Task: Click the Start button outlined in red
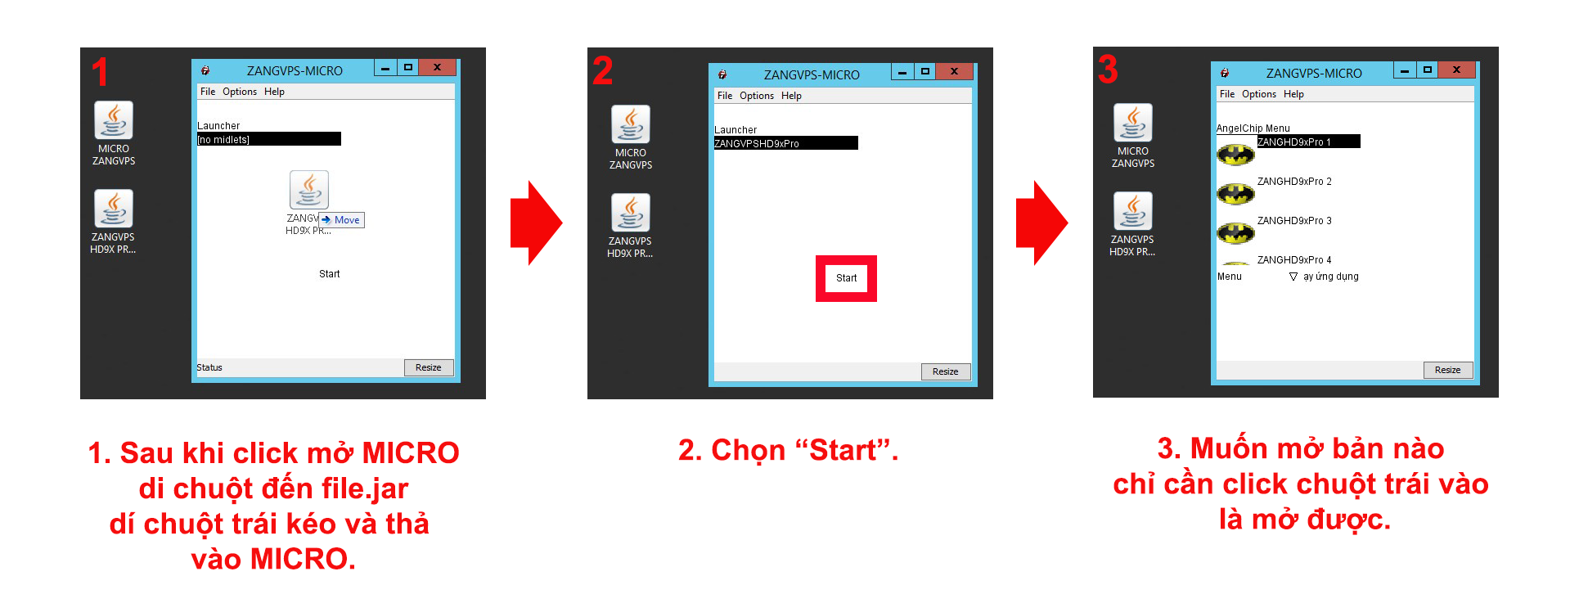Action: click(846, 278)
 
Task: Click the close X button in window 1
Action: click(437, 67)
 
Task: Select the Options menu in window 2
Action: click(757, 96)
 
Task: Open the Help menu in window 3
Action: click(1293, 94)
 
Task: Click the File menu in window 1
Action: click(208, 92)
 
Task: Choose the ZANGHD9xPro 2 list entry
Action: click(1294, 182)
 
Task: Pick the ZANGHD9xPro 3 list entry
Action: click(1294, 221)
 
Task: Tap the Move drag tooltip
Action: click(341, 220)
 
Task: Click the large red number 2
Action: click(602, 70)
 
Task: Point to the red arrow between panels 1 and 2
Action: click(536, 223)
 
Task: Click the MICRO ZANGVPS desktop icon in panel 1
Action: click(114, 133)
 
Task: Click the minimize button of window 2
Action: click(902, 72)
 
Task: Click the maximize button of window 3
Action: click(1427, 70)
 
